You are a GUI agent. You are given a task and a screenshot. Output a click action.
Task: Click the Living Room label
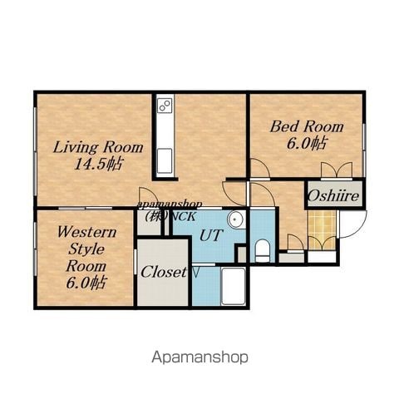[98, 148]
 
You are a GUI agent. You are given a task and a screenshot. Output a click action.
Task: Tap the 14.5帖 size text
[98, 165]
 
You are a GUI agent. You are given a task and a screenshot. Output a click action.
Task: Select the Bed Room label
[307, 127]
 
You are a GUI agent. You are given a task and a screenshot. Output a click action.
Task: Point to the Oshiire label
[333, 196]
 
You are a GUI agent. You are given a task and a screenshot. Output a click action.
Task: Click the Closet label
[164, 273]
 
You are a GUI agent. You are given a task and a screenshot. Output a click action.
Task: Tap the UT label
[211, 235]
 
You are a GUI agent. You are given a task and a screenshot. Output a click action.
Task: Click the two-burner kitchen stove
[165, 106]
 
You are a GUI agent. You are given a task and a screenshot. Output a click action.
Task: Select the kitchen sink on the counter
[165, 160]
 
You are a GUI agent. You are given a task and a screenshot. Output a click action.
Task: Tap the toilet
[262, 251]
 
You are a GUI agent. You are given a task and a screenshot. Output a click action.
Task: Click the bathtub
[234, 287]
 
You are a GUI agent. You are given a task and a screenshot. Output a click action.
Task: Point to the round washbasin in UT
[236, 219]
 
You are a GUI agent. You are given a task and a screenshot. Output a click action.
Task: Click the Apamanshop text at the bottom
[199, 357]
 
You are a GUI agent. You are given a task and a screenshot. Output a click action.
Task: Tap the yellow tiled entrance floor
[323, 230]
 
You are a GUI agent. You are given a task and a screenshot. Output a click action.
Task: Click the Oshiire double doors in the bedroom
[337, 170]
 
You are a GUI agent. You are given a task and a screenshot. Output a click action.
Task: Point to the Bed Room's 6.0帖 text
[307, 144]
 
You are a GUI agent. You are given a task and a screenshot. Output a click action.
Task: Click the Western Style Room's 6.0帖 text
[86, 283]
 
